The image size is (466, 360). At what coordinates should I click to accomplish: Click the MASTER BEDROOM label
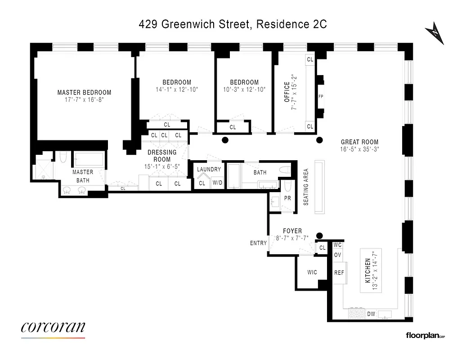click(x=84, y=93)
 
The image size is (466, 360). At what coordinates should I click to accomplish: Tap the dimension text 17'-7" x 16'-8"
click(x=84, y=100)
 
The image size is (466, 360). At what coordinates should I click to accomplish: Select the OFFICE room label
click(x=287, y=92)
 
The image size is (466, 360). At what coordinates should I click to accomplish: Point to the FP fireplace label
click(x=321, y=96)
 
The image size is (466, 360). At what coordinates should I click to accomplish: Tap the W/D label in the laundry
click(x=217, y=183)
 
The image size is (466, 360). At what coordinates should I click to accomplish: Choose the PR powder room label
click(x=287, y=198)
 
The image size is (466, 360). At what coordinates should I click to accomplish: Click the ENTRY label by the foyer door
click(x=258, y=243)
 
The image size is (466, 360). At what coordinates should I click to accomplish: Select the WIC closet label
click(x=312, y=272)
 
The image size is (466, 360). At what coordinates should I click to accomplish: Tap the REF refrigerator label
click(x=339, y=273)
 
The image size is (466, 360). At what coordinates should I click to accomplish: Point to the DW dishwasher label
click(x=371, y=314)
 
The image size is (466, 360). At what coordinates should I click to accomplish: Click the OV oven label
click(x=338, y=255)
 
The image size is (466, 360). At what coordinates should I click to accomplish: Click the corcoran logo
click(x=53, y=328)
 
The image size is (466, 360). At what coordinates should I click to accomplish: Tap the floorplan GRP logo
click(x=425, y=335)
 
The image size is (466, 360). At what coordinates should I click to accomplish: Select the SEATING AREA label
click(x=306, y=187)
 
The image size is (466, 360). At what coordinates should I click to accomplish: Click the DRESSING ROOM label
click(x=162, y=156)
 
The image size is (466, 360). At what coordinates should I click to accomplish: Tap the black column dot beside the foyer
click(x=320, y=235)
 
